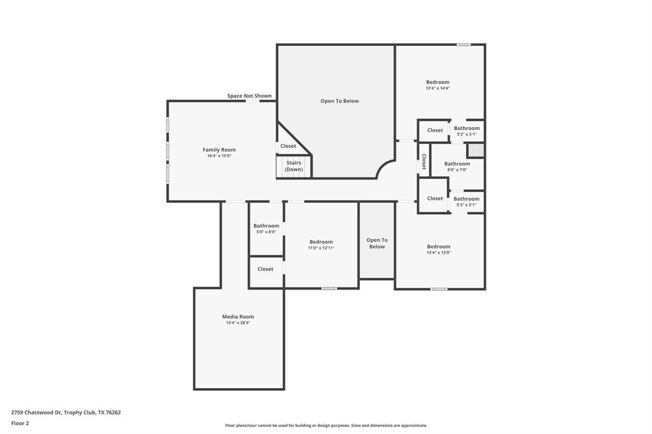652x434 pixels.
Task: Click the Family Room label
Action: point(219,150)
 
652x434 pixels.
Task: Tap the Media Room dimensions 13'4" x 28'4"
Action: point(238,323)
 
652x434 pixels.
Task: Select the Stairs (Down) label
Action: point(294,166)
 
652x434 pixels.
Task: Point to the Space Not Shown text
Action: point(250,96)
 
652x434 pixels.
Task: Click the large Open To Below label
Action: point(339,101)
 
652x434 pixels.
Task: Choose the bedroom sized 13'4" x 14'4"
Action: point(437,85)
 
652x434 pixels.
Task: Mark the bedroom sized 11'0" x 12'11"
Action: point(321,244)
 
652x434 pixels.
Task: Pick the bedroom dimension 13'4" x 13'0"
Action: point(439,253)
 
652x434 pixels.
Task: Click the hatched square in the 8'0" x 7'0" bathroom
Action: point(476,150)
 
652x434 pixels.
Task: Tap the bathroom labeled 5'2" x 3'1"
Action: point(467,131)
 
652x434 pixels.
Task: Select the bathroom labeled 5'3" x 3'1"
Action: point(467,202)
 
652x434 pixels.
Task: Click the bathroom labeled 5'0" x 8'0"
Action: point(266,228)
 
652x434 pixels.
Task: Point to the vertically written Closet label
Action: point(424,161)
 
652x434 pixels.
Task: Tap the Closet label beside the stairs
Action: point(288,146)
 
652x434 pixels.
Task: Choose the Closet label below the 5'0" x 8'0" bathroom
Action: point(266,269)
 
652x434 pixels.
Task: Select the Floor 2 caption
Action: point(20,423)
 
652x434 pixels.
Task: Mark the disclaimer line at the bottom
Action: point(325,425)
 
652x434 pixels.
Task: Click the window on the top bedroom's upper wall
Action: point(464,45)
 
